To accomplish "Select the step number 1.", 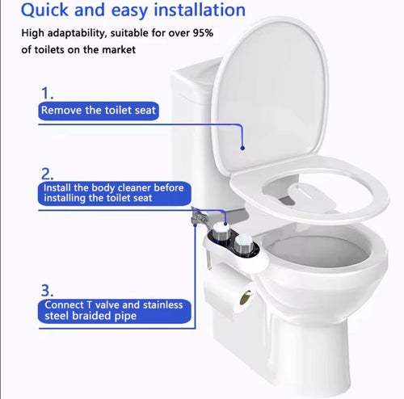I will point(48,94).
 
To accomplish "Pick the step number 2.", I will point(48,173).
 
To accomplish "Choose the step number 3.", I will point(48,288).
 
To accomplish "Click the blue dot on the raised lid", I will point(242,148).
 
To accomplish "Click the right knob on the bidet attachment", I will point(242,243).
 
